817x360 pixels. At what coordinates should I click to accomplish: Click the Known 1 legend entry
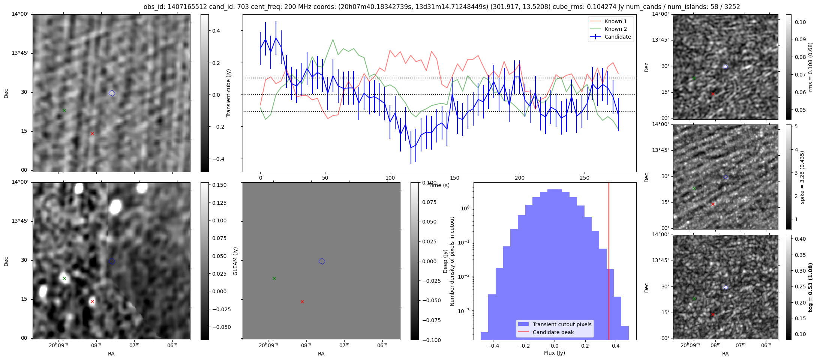pyautogui.click(x=615, y=21)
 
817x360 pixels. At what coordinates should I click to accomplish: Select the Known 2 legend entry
pyautogui.click(x=615, y=29)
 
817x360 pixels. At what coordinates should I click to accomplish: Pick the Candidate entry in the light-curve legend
pyautogui.click(x=618, y=37)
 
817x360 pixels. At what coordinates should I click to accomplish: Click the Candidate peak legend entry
pyautogui.click(x=553, y=332)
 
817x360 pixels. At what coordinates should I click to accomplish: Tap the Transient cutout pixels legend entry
pyautogui.click(x=562, y=324)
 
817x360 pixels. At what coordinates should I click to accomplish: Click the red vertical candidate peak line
pyautogui.click(x=609, y=262)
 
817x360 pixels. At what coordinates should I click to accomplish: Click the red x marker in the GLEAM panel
pyautogui.click(x=302, y=301)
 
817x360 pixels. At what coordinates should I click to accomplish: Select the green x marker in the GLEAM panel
pyautogui.click(x=274, y=278)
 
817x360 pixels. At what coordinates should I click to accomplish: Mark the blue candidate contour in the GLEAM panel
pyautogui.click(x=322, y=261)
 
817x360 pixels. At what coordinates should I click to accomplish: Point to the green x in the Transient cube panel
pyautogui.click(x=64, y=110)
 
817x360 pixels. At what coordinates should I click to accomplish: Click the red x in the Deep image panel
pyautogui.click(x=92, y=301)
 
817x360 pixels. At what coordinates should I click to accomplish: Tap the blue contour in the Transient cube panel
pyautogui.click(x=112, y=93)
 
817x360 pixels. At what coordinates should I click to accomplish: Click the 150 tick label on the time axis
pyautogui.click(x=454, y=178)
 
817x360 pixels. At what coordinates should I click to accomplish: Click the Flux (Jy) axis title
pyautogui.click(x=554, y=353)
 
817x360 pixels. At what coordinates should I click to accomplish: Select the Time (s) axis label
pyautogui.click(x=439, y=185)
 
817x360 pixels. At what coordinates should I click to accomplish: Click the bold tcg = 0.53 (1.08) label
pyautogui.click(x=810, y=288)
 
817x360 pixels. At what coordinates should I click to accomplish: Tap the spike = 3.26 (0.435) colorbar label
pyautogui.click(x=802, y=177)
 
